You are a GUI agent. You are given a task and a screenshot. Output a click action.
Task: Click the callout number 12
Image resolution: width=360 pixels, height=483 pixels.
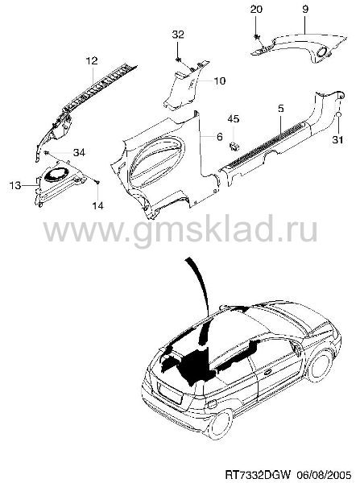point(92,60)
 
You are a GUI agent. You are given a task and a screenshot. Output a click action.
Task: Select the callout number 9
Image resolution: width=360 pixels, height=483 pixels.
point(304,9)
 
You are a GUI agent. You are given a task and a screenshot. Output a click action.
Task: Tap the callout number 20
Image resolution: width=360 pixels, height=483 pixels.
point(256,9)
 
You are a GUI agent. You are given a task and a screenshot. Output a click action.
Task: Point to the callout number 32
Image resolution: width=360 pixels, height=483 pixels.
point(178,34)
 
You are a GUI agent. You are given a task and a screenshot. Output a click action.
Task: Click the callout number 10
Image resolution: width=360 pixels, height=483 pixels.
point(220,81)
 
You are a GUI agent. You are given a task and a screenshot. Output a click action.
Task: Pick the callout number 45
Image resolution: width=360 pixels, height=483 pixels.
point(234,119)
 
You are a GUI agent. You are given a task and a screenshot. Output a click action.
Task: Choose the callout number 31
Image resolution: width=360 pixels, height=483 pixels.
point(337,140)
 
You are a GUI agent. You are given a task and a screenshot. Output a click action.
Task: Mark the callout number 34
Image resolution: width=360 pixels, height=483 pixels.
point(79,152)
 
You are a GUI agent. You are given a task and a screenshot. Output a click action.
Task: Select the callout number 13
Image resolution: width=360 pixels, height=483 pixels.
point(14,185)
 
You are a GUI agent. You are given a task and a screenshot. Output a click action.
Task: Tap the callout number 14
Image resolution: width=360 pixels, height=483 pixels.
point(97,205)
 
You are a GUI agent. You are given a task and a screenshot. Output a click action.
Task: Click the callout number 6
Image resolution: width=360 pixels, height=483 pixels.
point(219,137)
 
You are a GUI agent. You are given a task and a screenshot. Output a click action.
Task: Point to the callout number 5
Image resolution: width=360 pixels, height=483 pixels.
point(281,109)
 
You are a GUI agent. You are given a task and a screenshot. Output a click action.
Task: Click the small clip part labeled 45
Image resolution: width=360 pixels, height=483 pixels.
point(234,146)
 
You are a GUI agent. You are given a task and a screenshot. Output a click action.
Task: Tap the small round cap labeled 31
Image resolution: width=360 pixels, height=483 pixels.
point(337,115)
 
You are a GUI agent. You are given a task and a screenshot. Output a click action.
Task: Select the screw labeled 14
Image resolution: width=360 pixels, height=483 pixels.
point(97,183)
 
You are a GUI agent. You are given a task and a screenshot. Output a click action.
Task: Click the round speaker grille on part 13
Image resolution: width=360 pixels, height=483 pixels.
point(56,174)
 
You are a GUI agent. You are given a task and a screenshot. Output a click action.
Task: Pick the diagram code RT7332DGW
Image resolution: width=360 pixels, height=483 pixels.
point(258,473)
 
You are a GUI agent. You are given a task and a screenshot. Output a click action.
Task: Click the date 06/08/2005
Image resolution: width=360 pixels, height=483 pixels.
point(324,473)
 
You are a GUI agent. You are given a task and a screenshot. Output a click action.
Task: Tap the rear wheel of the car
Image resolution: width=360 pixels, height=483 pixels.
point(221,424)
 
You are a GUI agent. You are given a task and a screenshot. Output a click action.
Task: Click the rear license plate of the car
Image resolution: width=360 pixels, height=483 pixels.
point(170,390)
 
